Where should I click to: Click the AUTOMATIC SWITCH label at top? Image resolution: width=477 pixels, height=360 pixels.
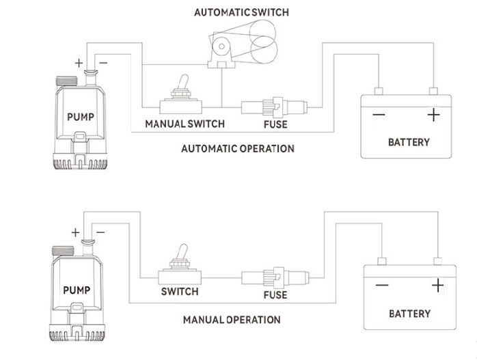(241, 12)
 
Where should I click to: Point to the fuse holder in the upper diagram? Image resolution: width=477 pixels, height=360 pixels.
(276, 106)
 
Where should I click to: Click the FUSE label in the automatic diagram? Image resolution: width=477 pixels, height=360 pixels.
(275, 124)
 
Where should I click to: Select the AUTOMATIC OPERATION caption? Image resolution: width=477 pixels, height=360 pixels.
(237, 148)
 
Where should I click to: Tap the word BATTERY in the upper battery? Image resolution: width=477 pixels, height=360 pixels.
(409, 142)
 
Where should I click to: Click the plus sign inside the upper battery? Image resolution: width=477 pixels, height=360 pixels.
(433, 115)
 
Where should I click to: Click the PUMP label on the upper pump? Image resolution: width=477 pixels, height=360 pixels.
(81, 116)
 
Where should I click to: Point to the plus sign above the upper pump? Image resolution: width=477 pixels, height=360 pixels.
(79, 64)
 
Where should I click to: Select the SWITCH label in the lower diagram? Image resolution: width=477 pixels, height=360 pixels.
(180, 292)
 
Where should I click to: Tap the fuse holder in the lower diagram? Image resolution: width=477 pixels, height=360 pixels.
(276, 277)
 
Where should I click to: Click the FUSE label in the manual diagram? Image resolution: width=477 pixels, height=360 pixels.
(275, 296)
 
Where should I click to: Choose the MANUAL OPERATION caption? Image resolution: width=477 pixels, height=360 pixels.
(232, 319)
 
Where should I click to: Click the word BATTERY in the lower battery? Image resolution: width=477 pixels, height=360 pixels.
(409, 314)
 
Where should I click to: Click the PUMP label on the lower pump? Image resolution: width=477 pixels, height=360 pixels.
(77, 289)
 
